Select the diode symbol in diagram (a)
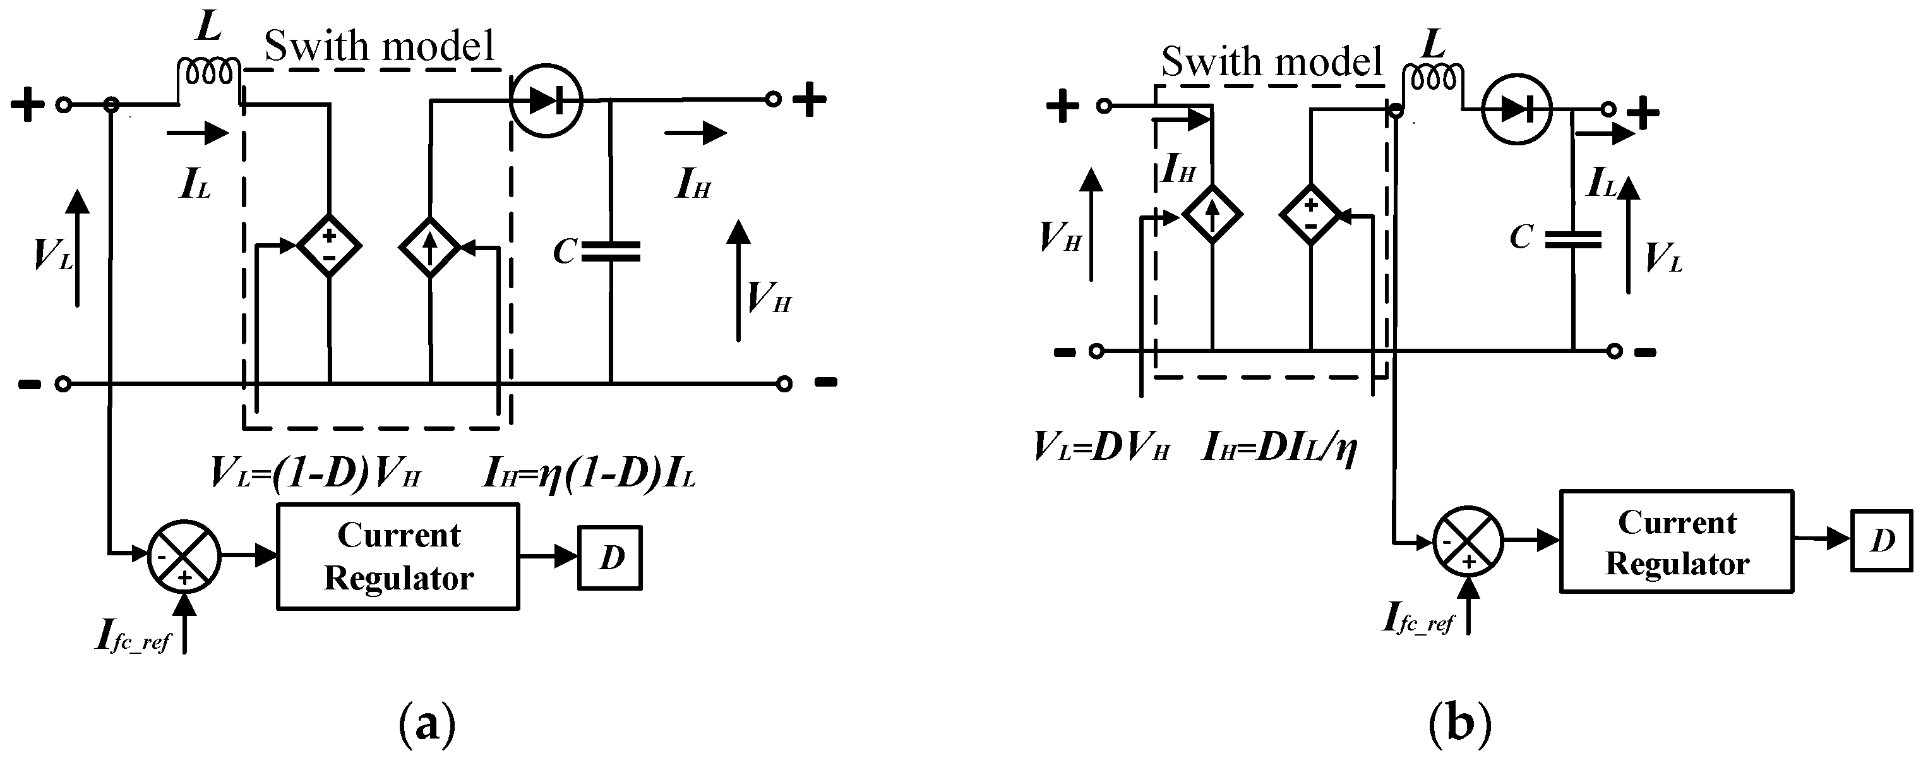click(x=546, y=100)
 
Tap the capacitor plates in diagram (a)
click(x=611, y=251)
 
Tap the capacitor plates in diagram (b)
click(x=1573, y=239)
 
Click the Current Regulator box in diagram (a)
click(x=398, y=557)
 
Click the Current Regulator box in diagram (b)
click(x=1677, y=541)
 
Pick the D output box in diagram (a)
click(x=610, y=558)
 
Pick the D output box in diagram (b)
click(x=1883, y=541)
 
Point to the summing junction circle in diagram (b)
click(x=1468, y=541)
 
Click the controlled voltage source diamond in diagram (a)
click(x=329, y=245)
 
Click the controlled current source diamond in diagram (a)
click(x=430, y=246)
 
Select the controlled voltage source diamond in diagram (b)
click(x=1310, y=215)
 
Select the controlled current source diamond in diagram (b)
click(x=1212, y=215)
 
